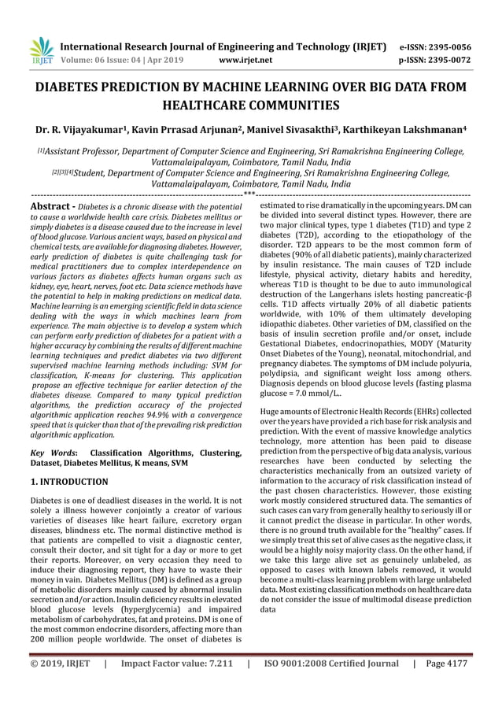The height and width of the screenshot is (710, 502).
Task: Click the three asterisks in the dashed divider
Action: point(249,193)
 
